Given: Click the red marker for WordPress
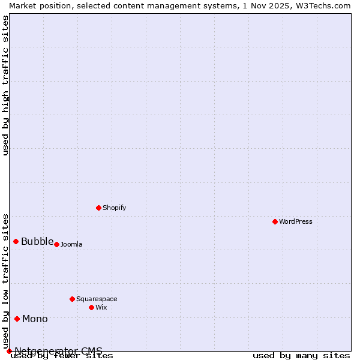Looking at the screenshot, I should point(275,221).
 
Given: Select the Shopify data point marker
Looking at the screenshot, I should point(98,208).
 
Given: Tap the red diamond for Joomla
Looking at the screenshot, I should point(56,244).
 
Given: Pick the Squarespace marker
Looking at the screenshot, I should point(72,299).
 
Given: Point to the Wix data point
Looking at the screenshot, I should point(91,307).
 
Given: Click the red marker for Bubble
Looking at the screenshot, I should point(16,241).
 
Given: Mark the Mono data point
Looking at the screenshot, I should point(17,319).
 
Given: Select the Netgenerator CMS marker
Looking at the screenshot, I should point(9,351).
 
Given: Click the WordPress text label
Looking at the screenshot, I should point(296,221).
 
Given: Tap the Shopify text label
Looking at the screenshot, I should point(114,208).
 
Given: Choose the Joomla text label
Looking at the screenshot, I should point(71,244).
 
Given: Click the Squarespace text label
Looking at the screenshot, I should point(97,299).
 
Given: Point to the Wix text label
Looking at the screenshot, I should point(101,307).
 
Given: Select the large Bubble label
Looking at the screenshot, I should point(37,242).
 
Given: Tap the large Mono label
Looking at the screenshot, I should point(35,319).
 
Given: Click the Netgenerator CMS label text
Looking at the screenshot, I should point(58,351).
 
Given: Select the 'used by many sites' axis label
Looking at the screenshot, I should point(301,356).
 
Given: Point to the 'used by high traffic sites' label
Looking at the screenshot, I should point(6,85).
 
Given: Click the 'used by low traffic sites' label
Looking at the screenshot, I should point(6,281).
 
